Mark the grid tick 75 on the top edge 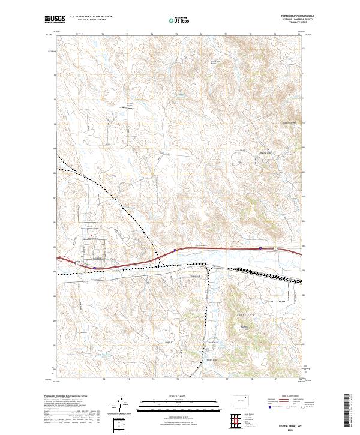tap(177, 34)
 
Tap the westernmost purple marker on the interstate tap(95, 268)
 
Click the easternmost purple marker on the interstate tap(260, 247)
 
